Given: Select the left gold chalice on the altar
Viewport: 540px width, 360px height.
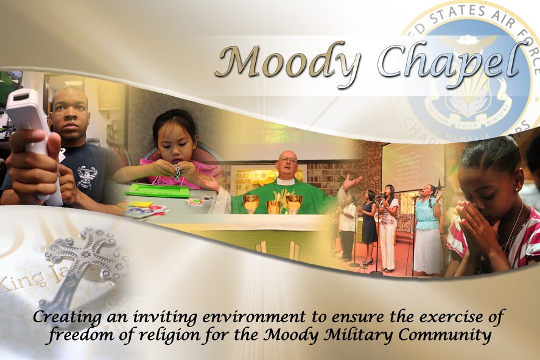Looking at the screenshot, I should (251, 202).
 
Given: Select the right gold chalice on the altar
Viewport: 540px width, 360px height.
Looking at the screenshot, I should (293, 202).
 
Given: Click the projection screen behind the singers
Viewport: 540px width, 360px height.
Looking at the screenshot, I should (412, 166).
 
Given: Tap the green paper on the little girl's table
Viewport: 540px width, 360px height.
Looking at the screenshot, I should (157, 191).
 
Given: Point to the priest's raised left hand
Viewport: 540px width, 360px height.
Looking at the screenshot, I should (352, 181).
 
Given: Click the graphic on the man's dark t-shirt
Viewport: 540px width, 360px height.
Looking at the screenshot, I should (87, 177).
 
